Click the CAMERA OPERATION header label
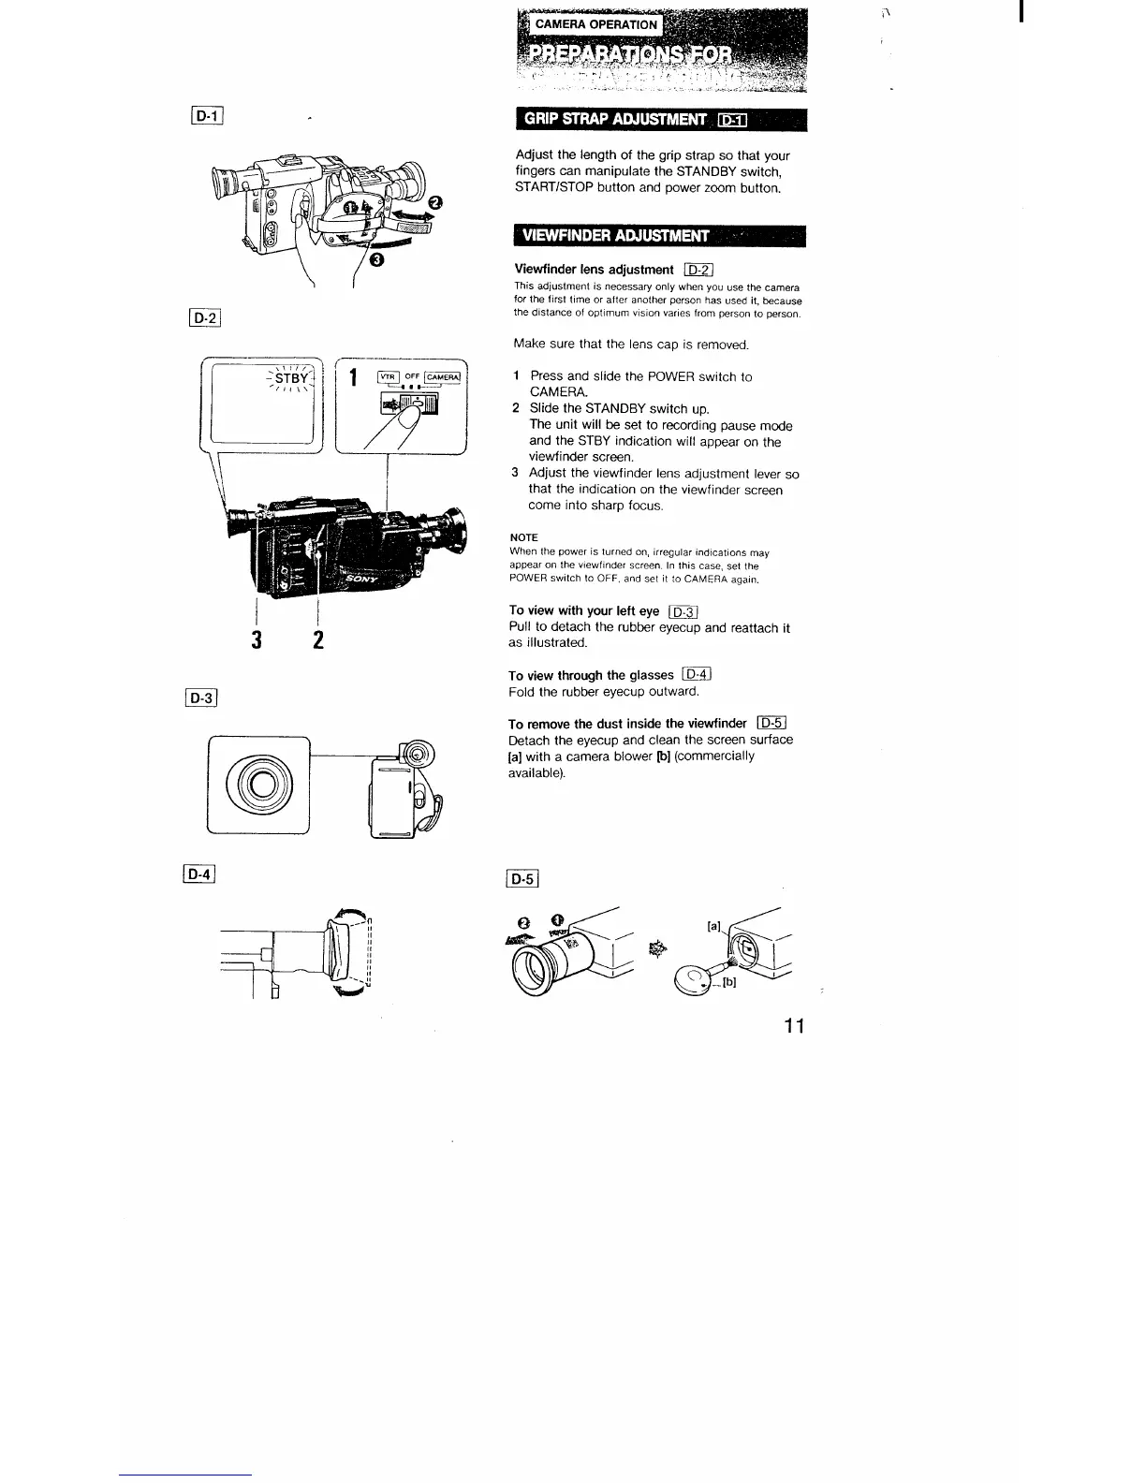(x=595, y=24)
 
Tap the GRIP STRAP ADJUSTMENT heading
(x=614, y=120)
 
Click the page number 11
(x=795, y=1026)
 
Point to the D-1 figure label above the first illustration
(x=203, y=117)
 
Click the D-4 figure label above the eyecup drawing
(x=200, y=875)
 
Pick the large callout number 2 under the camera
(x=318, y=641)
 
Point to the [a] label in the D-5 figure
(x=713, y=926)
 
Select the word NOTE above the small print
(x=523, y=537)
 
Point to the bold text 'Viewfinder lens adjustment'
(x=594, y=270)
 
